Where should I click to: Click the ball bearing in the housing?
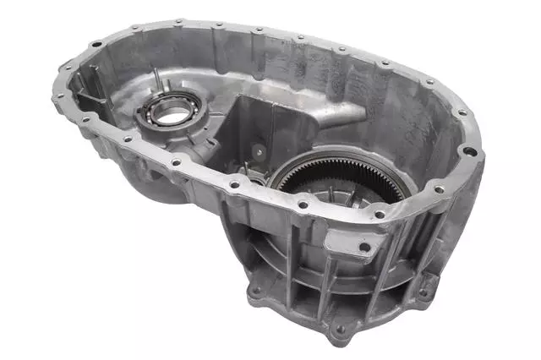(x=172, y=111)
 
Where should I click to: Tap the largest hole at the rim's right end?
(x=468, y=152)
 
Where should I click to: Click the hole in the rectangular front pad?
(x=364, y=248)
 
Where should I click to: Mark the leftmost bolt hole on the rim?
(x=58, y=97)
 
